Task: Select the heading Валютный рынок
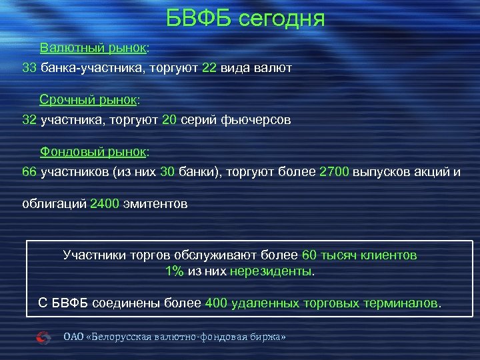[93, 49]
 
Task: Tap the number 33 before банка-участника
[29, 69]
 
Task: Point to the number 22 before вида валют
[209, 69]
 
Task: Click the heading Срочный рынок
[88, 100]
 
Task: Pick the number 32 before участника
[29, 121]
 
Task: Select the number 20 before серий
[169, 121]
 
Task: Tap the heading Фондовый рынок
[93, 151]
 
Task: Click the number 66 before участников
[29, 172]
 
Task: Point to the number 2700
[335, 172]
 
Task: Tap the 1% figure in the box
[174, 271]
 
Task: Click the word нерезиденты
[270, 271]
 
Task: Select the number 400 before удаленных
[217, 303]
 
